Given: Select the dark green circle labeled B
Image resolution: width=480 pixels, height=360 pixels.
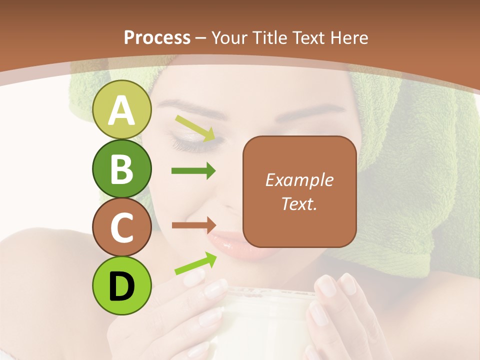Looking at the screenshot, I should click(122, 168).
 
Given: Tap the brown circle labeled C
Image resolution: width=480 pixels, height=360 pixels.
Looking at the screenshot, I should click(122, 227).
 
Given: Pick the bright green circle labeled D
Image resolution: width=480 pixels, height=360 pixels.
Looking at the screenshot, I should click(122, 285).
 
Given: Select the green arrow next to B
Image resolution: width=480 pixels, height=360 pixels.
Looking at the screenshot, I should click(193, 171).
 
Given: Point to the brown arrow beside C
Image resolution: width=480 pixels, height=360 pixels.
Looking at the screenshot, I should click(193, 225).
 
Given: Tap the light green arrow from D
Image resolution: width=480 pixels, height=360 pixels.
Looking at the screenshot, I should click(195, 263).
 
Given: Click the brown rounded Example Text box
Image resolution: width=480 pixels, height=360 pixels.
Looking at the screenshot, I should click(299, 191).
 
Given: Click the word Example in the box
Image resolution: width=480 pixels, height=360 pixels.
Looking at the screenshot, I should click(299, 180).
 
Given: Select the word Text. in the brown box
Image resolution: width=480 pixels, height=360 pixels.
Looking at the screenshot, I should click(299, 203).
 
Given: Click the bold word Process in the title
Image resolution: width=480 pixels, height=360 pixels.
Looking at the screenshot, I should click(157, 37).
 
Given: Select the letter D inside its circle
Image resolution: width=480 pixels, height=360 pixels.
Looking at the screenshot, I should click(122, 285).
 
